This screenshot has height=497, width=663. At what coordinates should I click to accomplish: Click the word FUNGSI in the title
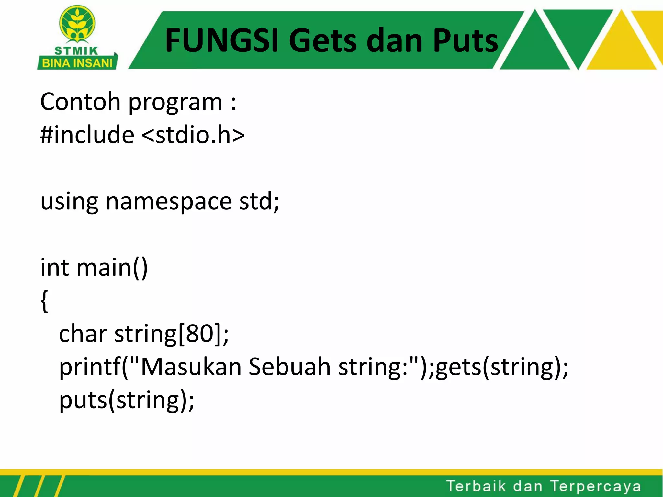pyautogui.click(x=221, y=40)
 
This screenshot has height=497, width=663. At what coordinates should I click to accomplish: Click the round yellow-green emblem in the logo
pyautogui.click(x=77, y=24)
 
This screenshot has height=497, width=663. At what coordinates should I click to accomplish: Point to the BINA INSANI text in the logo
pyautogui.click(x=77, y=63)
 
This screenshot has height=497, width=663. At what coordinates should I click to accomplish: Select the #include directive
pyautogui.click(x=87, y=135)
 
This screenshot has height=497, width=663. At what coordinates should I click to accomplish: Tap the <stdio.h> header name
pyautogui.click(x=193, y=135)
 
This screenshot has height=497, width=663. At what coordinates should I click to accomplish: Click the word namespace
pyautogui.click(x=169, y=201)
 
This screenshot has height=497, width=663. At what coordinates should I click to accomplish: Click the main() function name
pyautogui.click(x=112, y=268)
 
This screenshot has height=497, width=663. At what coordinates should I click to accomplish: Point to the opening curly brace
pyautogui.click(x=45, y=301)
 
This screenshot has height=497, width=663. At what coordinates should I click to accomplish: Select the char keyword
pyautogui.click(x=83, y=334)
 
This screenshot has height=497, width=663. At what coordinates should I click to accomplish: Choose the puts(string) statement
pyautogui.click(x=127, y=401)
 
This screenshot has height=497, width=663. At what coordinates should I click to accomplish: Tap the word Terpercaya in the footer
pyautogui.click(x=595, y=486)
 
